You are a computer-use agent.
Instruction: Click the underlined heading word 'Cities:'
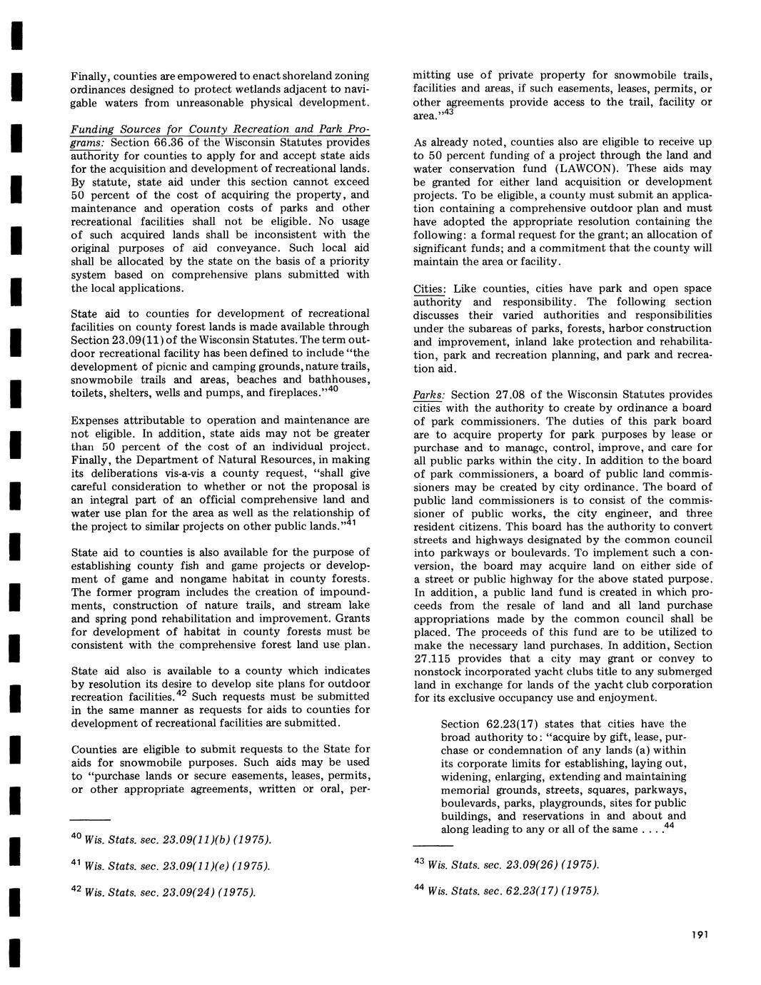430,288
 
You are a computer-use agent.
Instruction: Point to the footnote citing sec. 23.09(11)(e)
171,867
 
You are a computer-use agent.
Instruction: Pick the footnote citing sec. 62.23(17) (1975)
506,891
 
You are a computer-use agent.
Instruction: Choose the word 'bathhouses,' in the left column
338,380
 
